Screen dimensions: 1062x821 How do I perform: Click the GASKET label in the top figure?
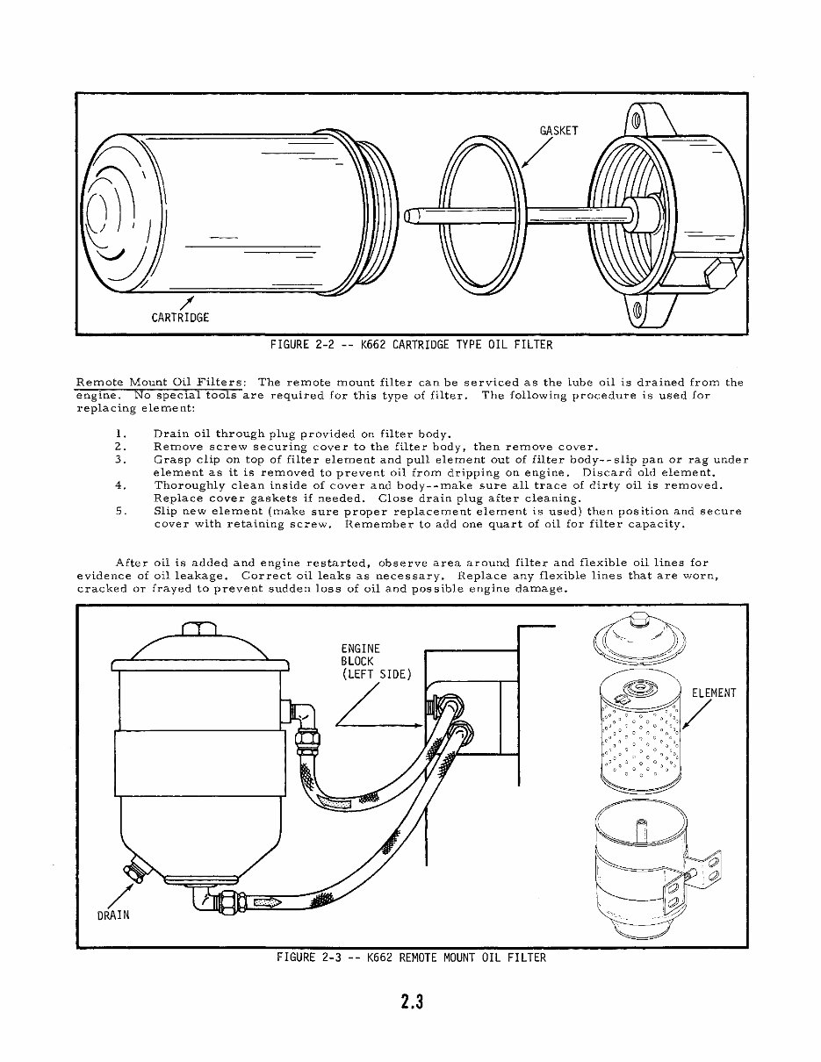tap(558, 131)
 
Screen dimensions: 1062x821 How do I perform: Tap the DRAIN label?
tap(112, 915)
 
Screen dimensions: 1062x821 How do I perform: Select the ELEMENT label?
tap(713, 693)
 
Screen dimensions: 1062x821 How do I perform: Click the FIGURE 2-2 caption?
tap(411, 345)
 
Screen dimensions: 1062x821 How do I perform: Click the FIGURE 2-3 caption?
tap(411, 958)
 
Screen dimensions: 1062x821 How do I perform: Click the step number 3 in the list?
tap(121, 459)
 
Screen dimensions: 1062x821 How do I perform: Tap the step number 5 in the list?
tap(121, 511)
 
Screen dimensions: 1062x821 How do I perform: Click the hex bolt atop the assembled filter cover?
tap(198, 630)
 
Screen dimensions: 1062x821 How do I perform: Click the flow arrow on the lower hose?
tap(265, 901)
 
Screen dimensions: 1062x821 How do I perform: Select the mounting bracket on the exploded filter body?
tap(709, 869)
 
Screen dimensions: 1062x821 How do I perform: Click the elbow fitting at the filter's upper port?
tap(303, 715)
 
